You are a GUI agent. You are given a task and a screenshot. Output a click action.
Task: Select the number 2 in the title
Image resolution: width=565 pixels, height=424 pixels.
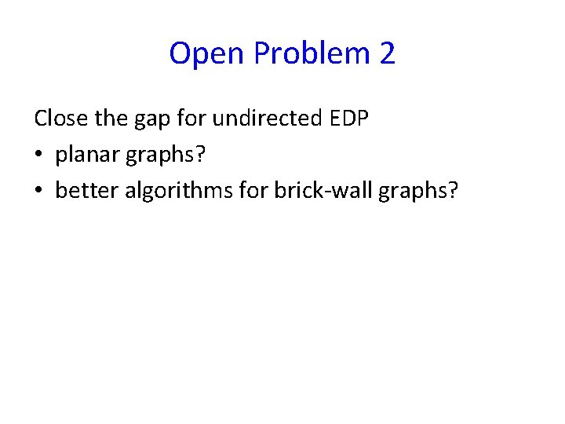coord(387,54)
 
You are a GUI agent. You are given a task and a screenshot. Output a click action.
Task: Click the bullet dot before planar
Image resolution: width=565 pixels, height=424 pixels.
coord(38,155)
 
